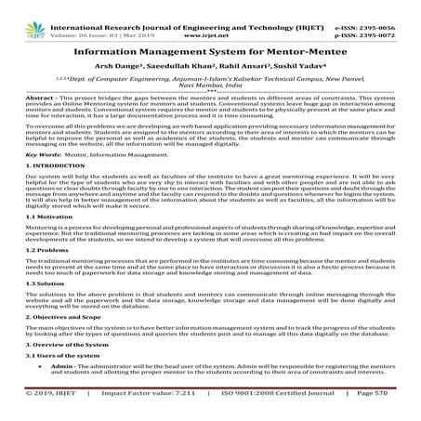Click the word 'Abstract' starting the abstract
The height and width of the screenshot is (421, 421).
40,98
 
